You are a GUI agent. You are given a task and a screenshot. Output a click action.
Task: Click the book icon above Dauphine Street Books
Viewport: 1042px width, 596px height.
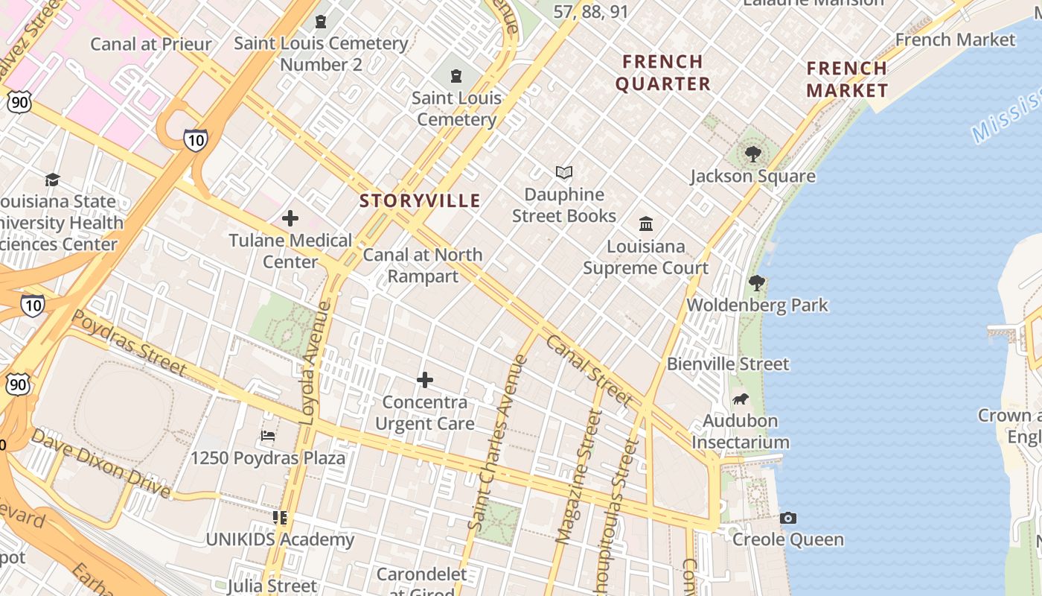tap(564, 173)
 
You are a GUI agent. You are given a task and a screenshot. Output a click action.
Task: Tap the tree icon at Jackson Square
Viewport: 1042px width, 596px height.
tap(752, 154)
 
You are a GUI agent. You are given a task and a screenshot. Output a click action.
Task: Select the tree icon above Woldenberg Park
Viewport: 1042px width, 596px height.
tap(757, 283)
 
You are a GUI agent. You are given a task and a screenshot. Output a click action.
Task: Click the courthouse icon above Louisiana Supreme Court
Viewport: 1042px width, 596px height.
tap(646, 223)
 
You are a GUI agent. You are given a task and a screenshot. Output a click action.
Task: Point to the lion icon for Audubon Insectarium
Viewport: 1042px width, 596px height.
tap(741, 399)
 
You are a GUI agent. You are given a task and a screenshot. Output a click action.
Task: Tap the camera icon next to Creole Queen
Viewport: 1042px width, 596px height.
tap(788, 518)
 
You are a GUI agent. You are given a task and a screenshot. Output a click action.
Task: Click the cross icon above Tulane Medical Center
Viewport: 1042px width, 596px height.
tap(290, 218)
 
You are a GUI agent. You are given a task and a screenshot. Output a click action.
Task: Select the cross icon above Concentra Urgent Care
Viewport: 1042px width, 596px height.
tap(424, 380)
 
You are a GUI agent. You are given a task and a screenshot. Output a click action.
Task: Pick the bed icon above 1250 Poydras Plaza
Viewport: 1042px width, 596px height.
tap(268, 436)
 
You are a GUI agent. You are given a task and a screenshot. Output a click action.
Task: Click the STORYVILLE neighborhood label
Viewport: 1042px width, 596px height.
tap(420, 200)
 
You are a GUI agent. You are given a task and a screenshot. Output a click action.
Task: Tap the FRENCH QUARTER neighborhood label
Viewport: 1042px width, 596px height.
tap(662, 72)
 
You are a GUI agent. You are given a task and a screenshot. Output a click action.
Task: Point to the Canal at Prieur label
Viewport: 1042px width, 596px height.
tap(151, 44)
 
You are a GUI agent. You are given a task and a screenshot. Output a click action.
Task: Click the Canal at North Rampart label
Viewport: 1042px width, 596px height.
tap(423, 265)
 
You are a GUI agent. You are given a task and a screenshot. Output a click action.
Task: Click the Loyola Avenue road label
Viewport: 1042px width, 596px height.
tap(315, 363)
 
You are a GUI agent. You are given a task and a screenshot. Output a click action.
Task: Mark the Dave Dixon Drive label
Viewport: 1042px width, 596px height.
tap(101, 463)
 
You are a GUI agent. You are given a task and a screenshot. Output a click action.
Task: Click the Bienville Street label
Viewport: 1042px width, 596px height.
tap(727, 364)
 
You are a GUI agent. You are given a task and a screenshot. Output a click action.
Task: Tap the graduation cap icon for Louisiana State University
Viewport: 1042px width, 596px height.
tap(52, 180)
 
